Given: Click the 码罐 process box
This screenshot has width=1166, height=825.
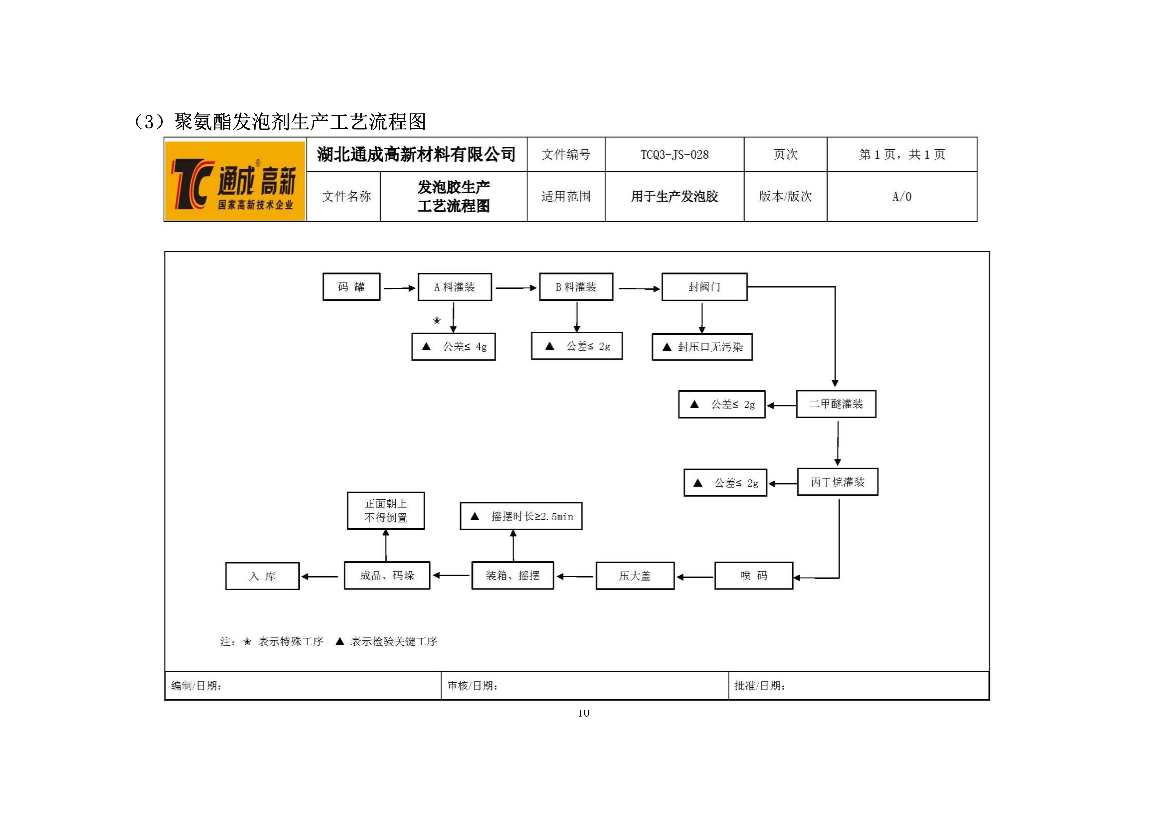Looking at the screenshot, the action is pyautogui.click(x=351, y=287).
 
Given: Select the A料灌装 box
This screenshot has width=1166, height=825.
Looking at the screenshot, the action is pyautogui.click(x=454, y=287).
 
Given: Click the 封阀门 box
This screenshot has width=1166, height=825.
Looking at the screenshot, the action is pyautogui.click(x=705, y=287).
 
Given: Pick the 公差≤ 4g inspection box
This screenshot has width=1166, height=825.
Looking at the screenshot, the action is pyautogui.click(x=453, y=346).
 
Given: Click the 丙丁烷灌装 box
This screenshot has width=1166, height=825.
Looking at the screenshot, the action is pyautogui.click(x=838, y=482).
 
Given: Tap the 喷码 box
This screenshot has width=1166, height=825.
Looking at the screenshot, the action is pyautogui.click(x=754, y=576).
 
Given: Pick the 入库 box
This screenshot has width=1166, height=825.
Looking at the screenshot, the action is pyautogui.click(x=263, y=576).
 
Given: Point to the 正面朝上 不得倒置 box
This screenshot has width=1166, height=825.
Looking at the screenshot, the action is pyautogui.click(x=386, y=511).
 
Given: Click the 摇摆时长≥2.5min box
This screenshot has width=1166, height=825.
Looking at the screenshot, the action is pyautogui.click(x=521, y=516).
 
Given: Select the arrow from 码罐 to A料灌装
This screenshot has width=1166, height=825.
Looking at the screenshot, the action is pyautogui.click(x=400, y=288).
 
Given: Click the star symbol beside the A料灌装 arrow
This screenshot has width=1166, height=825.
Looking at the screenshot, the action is pyautogui.click(x=437, y=320).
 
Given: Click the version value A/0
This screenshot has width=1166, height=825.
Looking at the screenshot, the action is pyautogui.click(x=902, y=197).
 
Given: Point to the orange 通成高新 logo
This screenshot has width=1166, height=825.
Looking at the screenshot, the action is pyautogui.click(x=235, y=181).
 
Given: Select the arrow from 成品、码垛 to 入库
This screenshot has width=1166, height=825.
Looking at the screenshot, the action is pyautogui.click(x=320, y=577).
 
